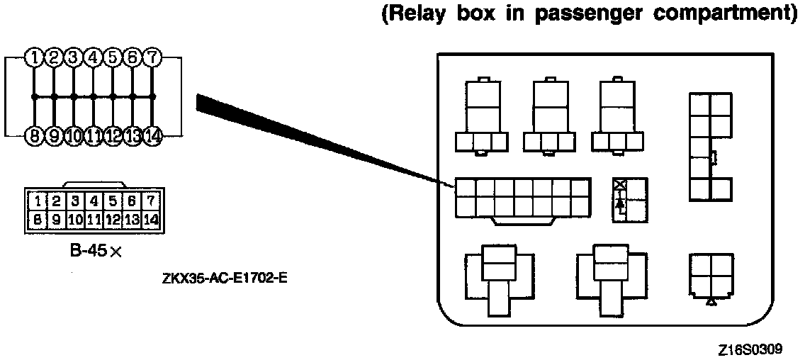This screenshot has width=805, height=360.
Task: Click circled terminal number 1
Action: (x=33, y=57)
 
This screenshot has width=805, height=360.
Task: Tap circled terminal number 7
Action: (x=152, y=57)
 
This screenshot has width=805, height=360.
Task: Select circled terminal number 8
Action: (x=33, y=135)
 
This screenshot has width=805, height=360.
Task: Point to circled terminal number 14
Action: (x=152, y=135)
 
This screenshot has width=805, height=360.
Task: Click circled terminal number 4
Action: (x=93, y=57)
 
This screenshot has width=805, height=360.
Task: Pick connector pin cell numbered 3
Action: (x=72, y=201)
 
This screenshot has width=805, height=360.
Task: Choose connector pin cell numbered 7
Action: (x=150, y=201)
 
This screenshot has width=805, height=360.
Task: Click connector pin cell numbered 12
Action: (x=112, y=219)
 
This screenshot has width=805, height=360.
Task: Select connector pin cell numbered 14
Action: (x=150, y=219)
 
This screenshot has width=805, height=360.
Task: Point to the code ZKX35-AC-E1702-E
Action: (x=224, y=276)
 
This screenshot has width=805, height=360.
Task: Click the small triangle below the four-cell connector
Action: (x=711, y=302)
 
